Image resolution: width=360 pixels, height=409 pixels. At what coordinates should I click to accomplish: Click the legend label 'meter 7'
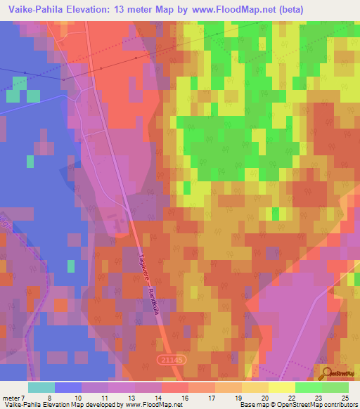coord(13,398)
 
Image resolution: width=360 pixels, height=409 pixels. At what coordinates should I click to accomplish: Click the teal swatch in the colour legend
coord(41,387)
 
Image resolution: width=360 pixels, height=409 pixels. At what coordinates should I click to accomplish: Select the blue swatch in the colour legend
coord(68,387)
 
